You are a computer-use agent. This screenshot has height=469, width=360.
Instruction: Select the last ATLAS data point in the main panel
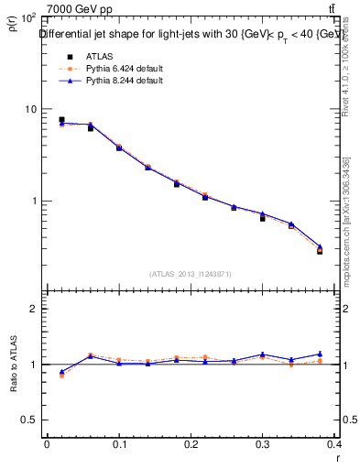coord(320,250)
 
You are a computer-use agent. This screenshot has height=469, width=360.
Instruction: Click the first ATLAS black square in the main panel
coord(61,120)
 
